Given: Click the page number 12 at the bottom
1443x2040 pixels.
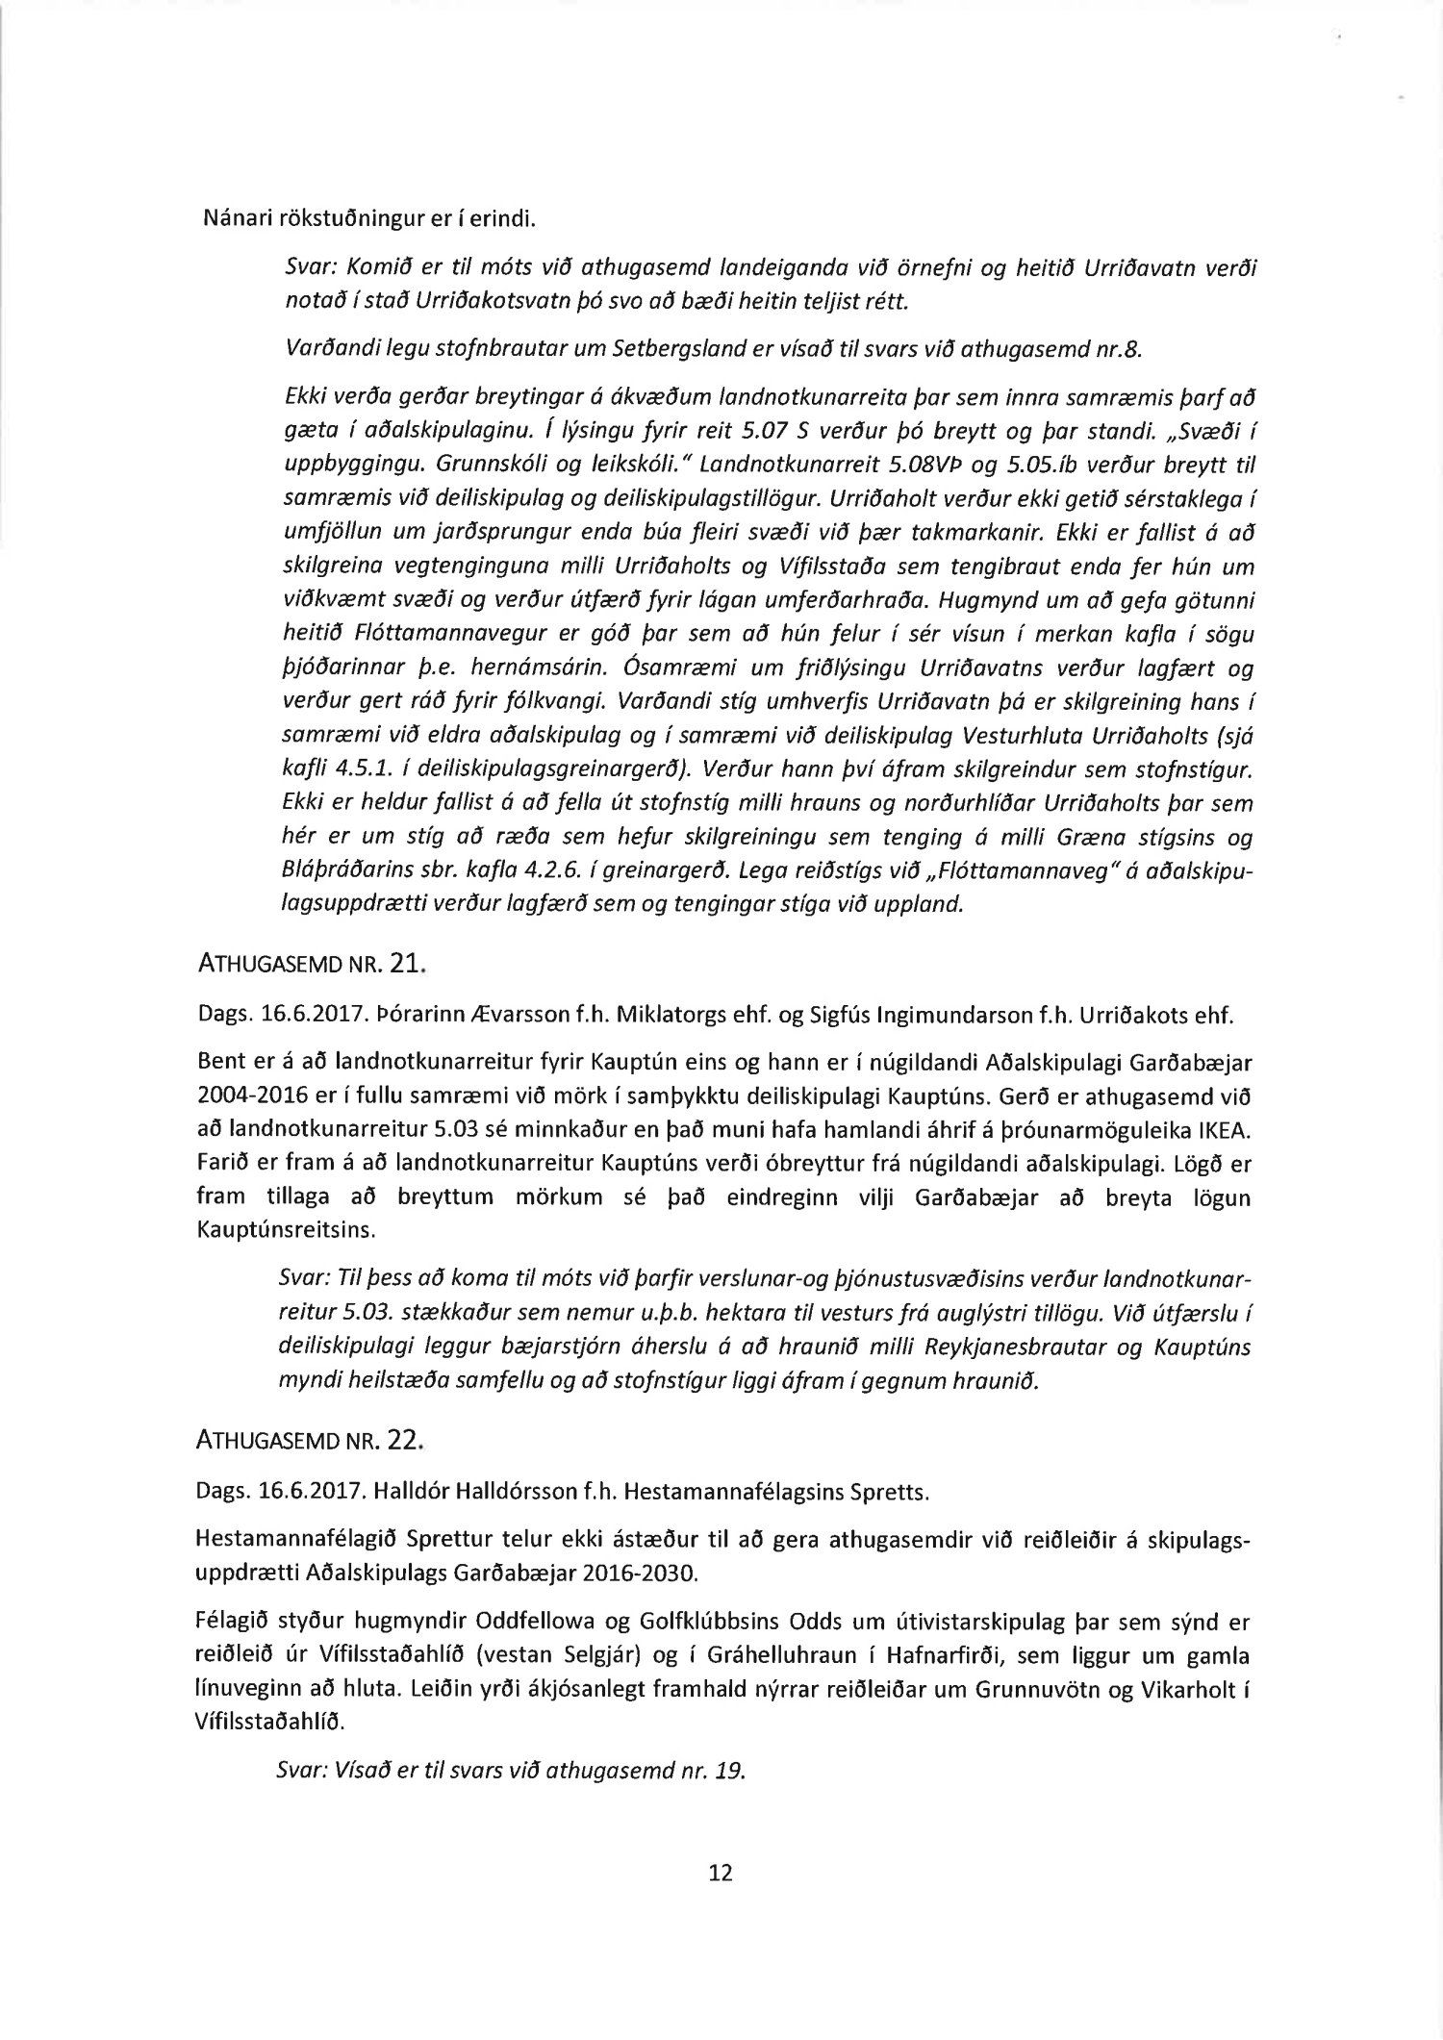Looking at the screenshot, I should coord(721,1873).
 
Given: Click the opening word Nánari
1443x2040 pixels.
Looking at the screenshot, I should coord(230,219).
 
